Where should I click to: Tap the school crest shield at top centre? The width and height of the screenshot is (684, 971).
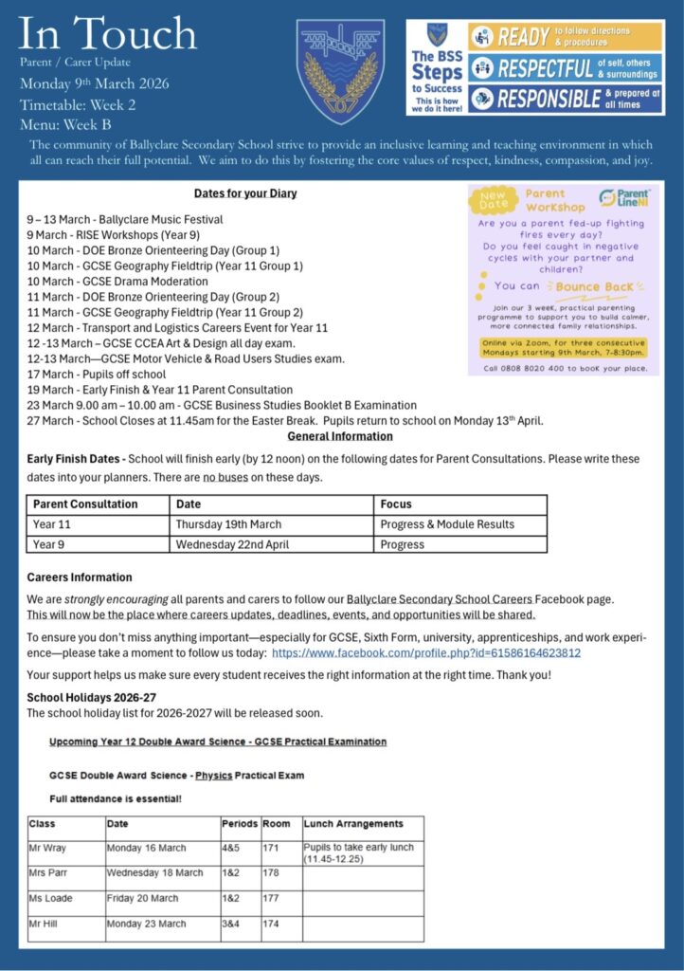340,71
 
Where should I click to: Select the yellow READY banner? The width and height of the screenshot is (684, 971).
566,37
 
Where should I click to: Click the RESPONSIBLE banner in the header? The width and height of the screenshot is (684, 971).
566,99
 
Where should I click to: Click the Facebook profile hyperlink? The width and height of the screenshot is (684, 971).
426,653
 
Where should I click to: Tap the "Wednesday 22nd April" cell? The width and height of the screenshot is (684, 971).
228,545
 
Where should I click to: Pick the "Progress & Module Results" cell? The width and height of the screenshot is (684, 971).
447,524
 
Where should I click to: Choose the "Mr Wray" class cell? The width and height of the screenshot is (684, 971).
48,848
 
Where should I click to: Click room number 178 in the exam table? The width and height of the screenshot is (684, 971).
270,872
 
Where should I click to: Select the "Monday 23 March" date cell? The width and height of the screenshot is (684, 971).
147,923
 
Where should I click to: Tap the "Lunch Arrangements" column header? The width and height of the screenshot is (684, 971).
353,823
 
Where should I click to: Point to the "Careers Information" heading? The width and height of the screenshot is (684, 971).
80,577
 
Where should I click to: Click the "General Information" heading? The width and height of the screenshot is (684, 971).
340,436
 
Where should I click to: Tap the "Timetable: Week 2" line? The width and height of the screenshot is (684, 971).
78,104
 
